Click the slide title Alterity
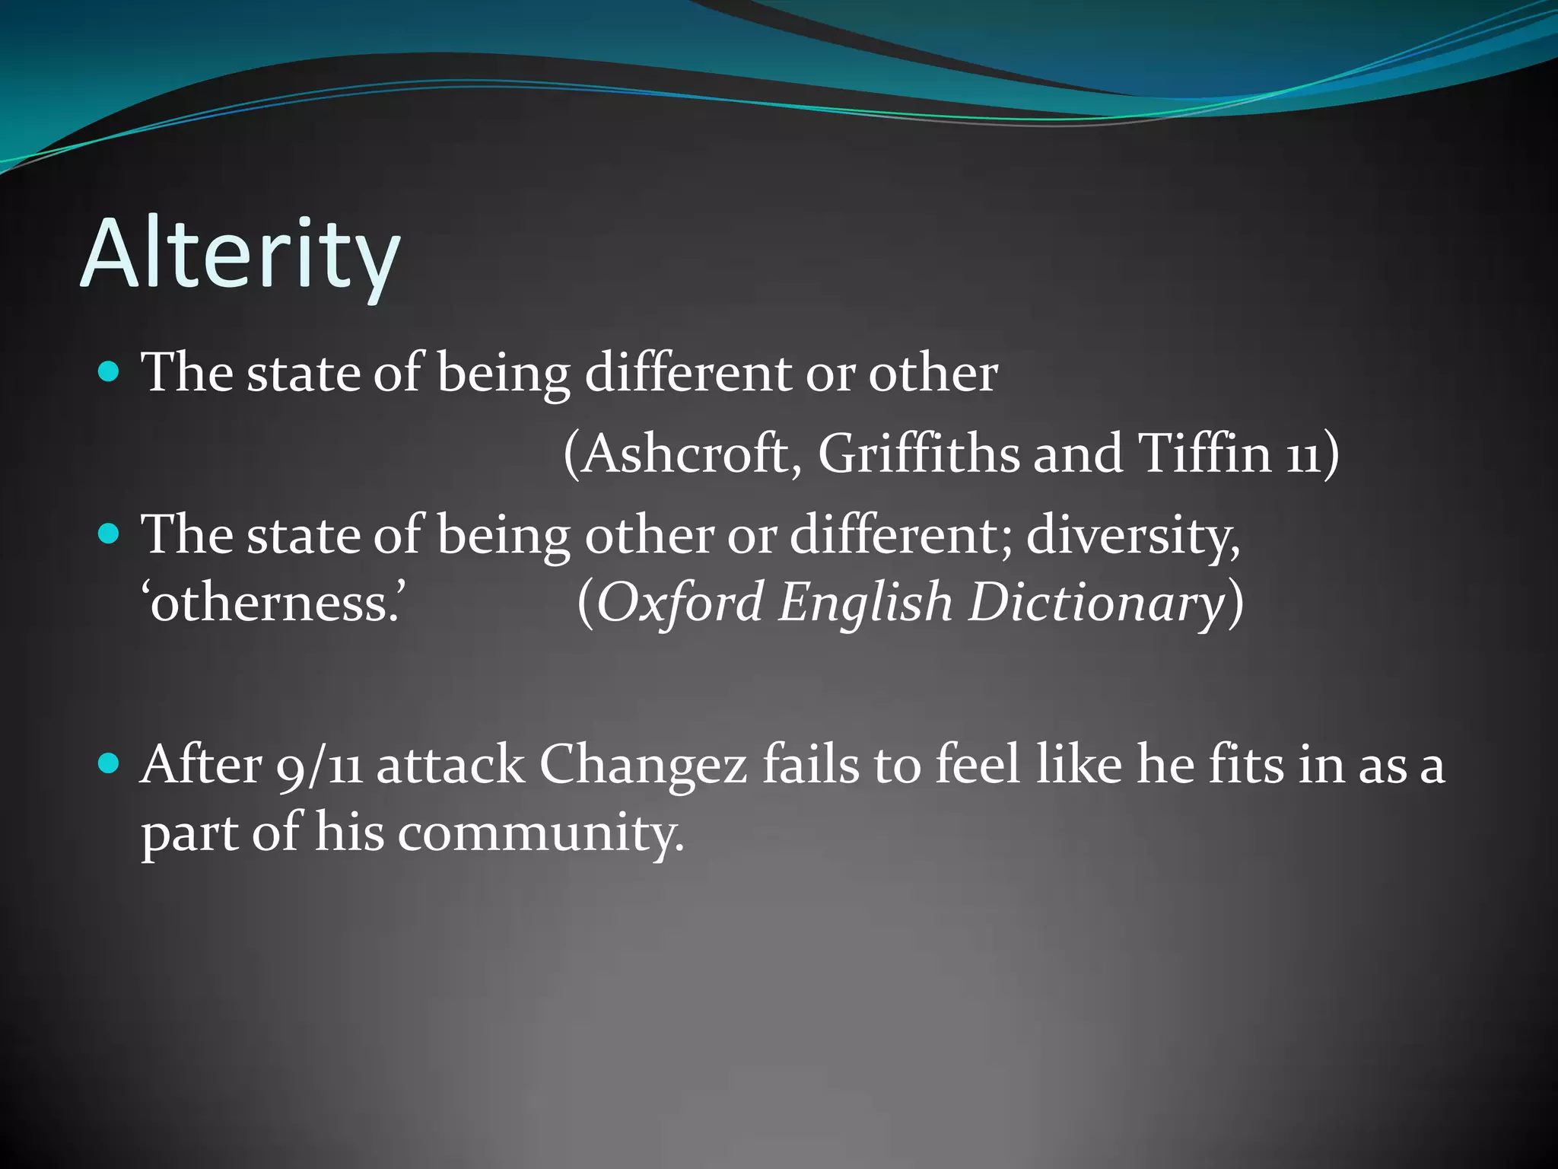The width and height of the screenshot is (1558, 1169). (240, 254)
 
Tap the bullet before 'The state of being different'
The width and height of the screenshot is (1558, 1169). (110, 372)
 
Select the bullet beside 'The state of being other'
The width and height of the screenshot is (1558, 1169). (110, 534)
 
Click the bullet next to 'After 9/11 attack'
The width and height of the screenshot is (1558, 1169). (110, 763)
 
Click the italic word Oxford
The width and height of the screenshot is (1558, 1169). (679, 603)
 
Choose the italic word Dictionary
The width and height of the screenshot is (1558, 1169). (1095, 603)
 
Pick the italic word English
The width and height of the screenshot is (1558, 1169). (865, 603)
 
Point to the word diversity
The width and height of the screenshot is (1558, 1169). (1133, 536)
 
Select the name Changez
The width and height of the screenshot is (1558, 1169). (643, 766)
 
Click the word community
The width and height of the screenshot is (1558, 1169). (540, 833)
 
